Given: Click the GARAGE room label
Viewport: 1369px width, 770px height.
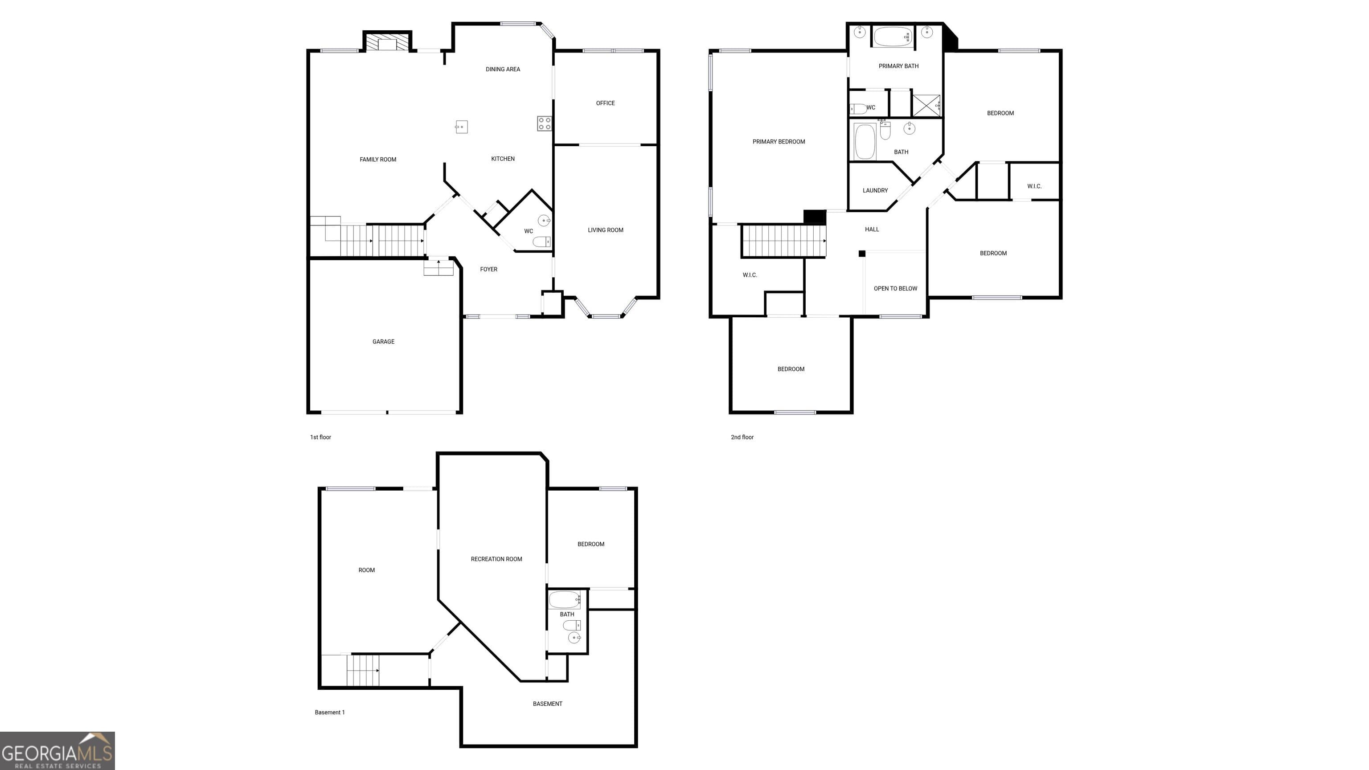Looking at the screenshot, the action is click(383, 342).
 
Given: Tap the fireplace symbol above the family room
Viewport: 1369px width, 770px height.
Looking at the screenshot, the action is click(387, 42).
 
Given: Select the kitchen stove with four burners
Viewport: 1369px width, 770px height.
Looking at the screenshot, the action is click(544, 124).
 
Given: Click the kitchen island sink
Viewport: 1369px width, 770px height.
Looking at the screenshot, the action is click(461, 127).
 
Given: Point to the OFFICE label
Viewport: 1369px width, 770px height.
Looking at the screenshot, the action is click(605, 103).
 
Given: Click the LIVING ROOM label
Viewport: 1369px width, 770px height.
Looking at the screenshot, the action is click(605, 230).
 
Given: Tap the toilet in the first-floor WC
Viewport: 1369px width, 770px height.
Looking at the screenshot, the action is click(541, 242).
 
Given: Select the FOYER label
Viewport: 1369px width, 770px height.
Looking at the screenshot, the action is click(488, 270).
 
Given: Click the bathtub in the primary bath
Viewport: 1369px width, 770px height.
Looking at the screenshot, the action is click(893, 37).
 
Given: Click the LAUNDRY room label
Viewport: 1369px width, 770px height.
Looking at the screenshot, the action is click(875, 190).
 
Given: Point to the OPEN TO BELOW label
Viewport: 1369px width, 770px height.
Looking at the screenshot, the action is click(895, 289).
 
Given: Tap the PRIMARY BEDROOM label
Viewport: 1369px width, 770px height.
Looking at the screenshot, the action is click(779, 142).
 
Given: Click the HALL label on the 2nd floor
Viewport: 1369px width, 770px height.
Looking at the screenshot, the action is click(872, 229).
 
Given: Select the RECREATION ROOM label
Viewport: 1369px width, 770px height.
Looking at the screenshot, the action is click(496, 559).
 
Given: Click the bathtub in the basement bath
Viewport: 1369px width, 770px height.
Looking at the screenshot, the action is click(564, 600).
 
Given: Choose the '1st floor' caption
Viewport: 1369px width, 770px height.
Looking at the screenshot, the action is click(320, 437).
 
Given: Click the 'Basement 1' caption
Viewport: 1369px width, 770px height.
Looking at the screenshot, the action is click(329, 713).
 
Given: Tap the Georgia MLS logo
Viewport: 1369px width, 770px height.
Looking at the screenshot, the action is click(57, 751).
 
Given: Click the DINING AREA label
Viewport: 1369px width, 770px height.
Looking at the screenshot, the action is click(503, 69).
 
